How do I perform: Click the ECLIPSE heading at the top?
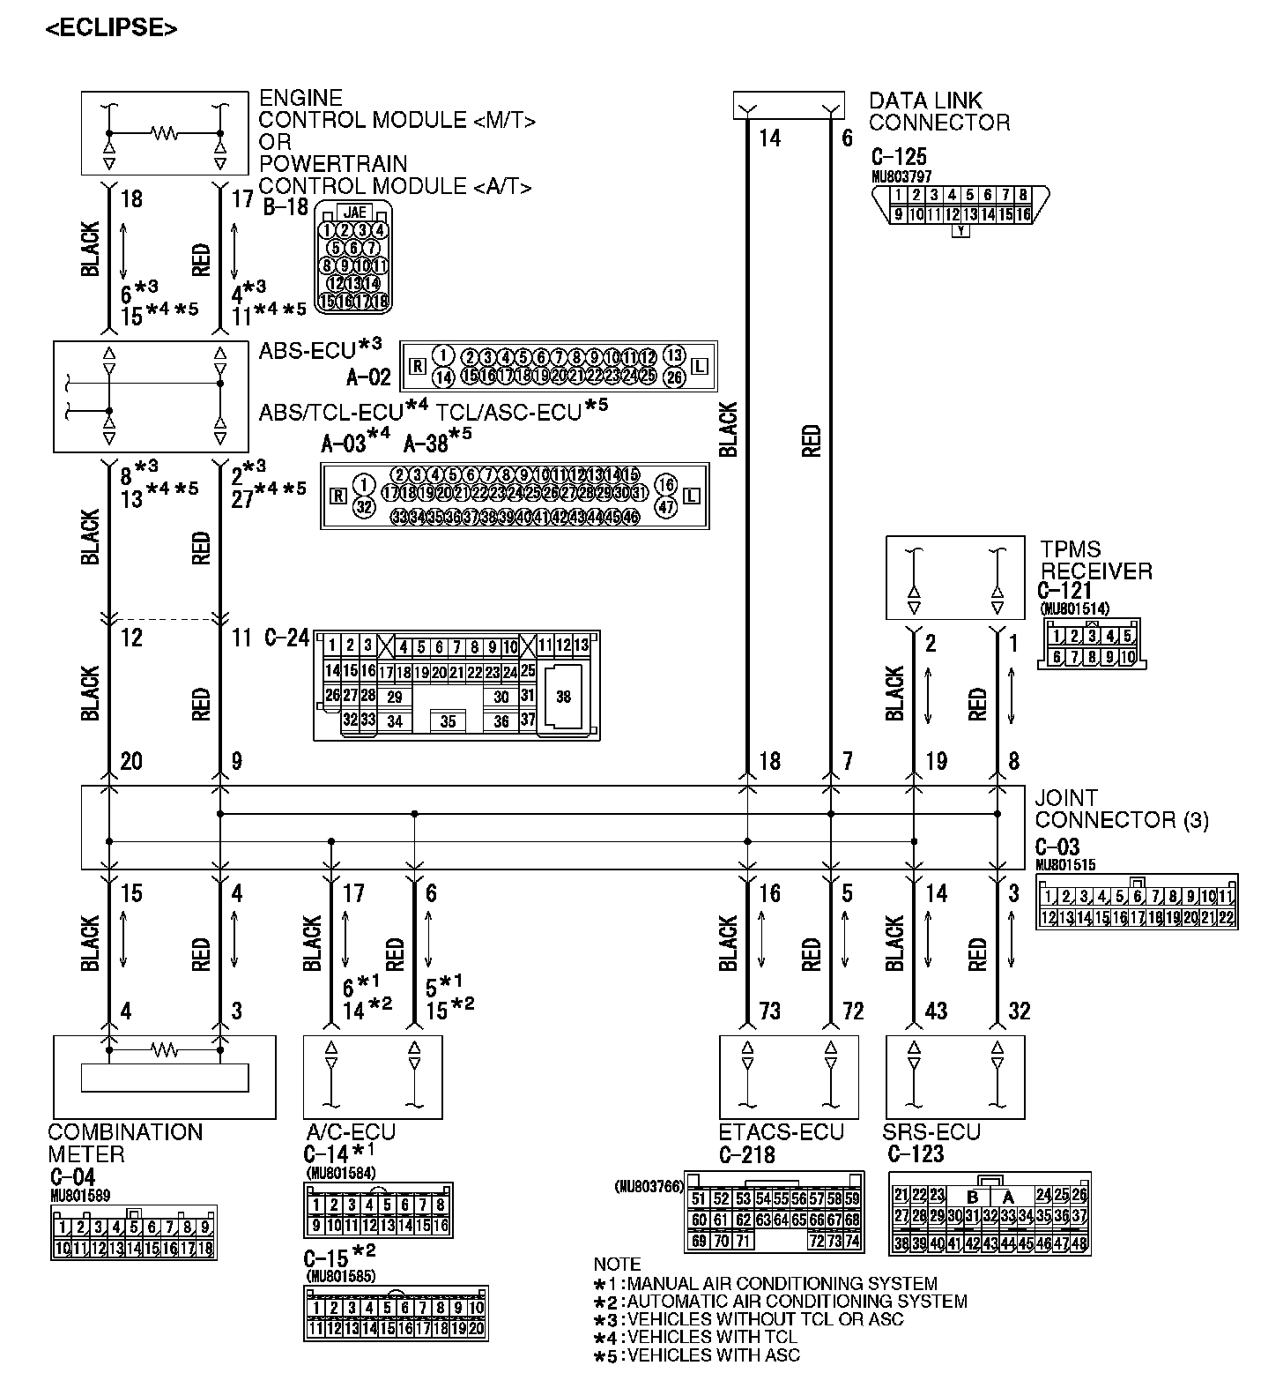pos(111,28)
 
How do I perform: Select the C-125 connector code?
pos(898,157)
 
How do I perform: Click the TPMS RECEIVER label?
pos(1095,560)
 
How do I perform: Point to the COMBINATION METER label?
pos(124,1143)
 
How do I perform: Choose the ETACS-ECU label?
pos(781,1132)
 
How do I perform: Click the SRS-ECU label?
pos(931,1132)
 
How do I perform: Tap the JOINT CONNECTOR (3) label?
pos(1121,809)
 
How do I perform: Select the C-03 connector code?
pos(1057,847)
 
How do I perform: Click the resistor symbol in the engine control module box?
pos(165,134)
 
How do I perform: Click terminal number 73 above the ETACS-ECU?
pos(769,1011)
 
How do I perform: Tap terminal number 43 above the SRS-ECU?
pos(936,1011)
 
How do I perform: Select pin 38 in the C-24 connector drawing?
pos(563,697)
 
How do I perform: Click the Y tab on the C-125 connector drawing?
pos(961,232)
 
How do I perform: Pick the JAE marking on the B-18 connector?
pos(355,213)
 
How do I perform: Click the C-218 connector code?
pos(745,1154)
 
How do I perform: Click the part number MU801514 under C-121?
pos(1075,608)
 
